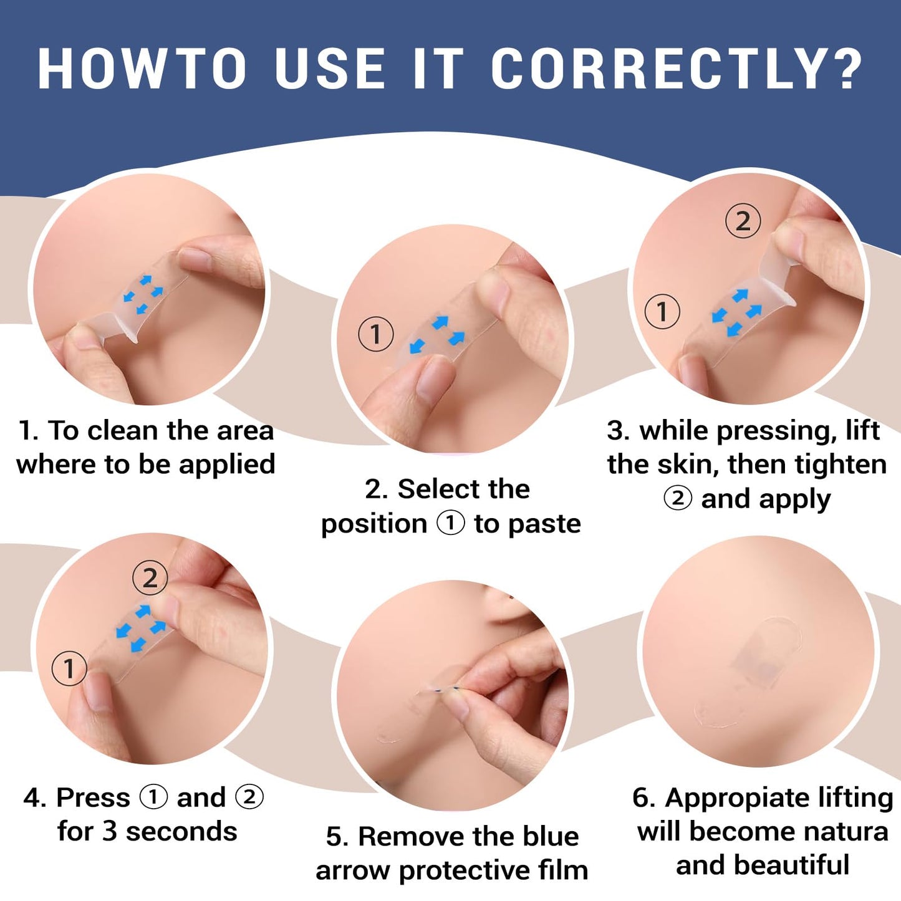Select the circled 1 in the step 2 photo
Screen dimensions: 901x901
pos(375,334)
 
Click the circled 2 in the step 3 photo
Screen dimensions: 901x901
pos(743,221)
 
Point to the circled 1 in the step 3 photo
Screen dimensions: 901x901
pos(662,311)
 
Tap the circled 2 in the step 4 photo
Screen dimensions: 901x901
pos(150,579)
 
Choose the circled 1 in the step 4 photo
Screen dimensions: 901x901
pos(69,668)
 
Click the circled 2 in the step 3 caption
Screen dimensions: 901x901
pos(678,498)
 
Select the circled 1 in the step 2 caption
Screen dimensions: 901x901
pos(451,523)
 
